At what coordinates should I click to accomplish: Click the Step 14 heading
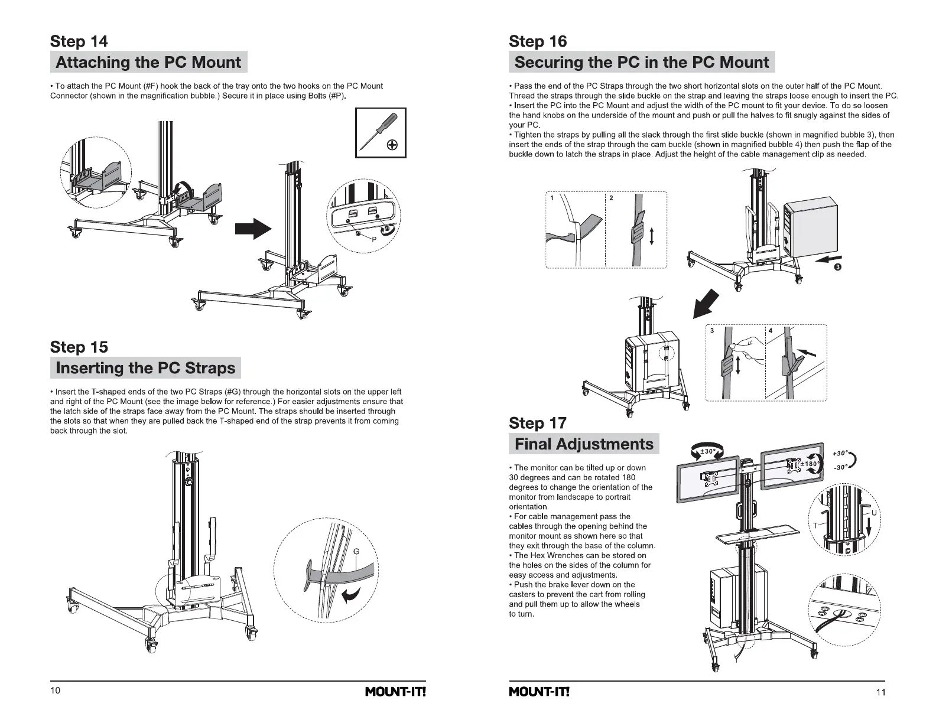[x=79, y=41]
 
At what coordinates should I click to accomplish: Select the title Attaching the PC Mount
[x=148, y=62]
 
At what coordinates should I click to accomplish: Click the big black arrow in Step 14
[x=253, y=229]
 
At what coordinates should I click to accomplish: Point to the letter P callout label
[x=374, y=239]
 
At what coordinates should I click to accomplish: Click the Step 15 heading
[x=79, y=347]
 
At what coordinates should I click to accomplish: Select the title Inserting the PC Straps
[x=145, y=368]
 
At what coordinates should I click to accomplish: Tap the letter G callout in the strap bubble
[x=356, y=552]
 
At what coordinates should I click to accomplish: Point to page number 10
[x=55, y=691]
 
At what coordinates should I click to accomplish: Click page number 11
[x=880, y=692]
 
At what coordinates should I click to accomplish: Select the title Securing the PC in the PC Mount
[x=641, y=62]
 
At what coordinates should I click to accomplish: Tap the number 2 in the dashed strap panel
[x=611, y=198]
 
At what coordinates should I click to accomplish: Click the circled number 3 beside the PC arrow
[x=838, y=267]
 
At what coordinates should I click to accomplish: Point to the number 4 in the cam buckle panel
[x=771, y=331]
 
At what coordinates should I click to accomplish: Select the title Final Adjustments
[x=584, y=444]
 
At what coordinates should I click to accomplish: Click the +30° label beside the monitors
[x=840, y=454]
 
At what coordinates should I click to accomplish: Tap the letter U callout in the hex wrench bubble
[x=874, y=513]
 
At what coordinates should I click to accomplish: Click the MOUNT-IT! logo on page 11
[x=539, y=692]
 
